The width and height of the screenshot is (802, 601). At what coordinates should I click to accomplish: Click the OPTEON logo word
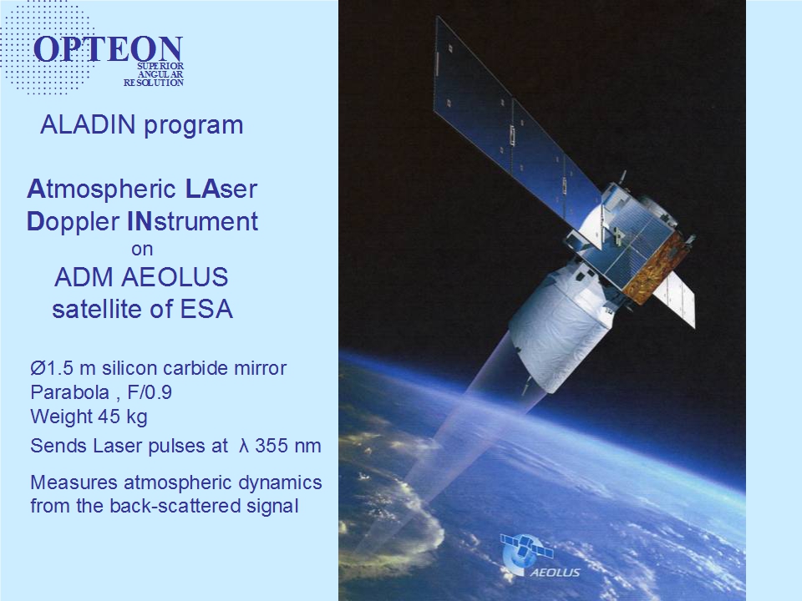coord(108,49)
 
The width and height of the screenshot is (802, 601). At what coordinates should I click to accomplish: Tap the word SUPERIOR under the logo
coord(160,67)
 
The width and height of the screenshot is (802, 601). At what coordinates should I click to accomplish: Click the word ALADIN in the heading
coord(88,124)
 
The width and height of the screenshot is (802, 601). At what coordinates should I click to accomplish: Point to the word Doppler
coord(74,222)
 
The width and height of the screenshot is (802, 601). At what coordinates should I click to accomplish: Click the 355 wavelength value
coord(274,446)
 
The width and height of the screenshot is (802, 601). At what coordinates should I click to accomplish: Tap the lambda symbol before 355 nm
coord(243,446)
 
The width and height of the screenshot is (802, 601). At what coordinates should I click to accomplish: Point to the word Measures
coord(74,482)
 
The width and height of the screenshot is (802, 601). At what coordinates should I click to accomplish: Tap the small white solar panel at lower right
coord(674,299)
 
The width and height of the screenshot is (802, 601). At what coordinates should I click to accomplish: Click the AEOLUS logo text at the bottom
coord(556,573)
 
